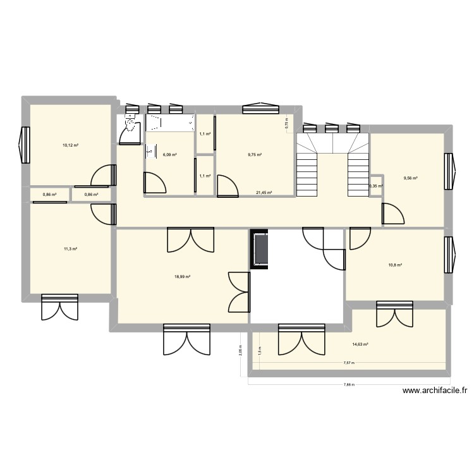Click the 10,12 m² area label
click(70, 145)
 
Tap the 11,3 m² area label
click(70, 249)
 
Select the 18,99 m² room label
click(183, 276)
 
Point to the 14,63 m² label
click(360, 344)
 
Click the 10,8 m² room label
click(396, 265)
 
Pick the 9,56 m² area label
click(411, 178)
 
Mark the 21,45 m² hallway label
click(264, 193)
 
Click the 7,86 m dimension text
click(349, 384)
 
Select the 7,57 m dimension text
click(349, 363)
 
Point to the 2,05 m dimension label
click(240, 351)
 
